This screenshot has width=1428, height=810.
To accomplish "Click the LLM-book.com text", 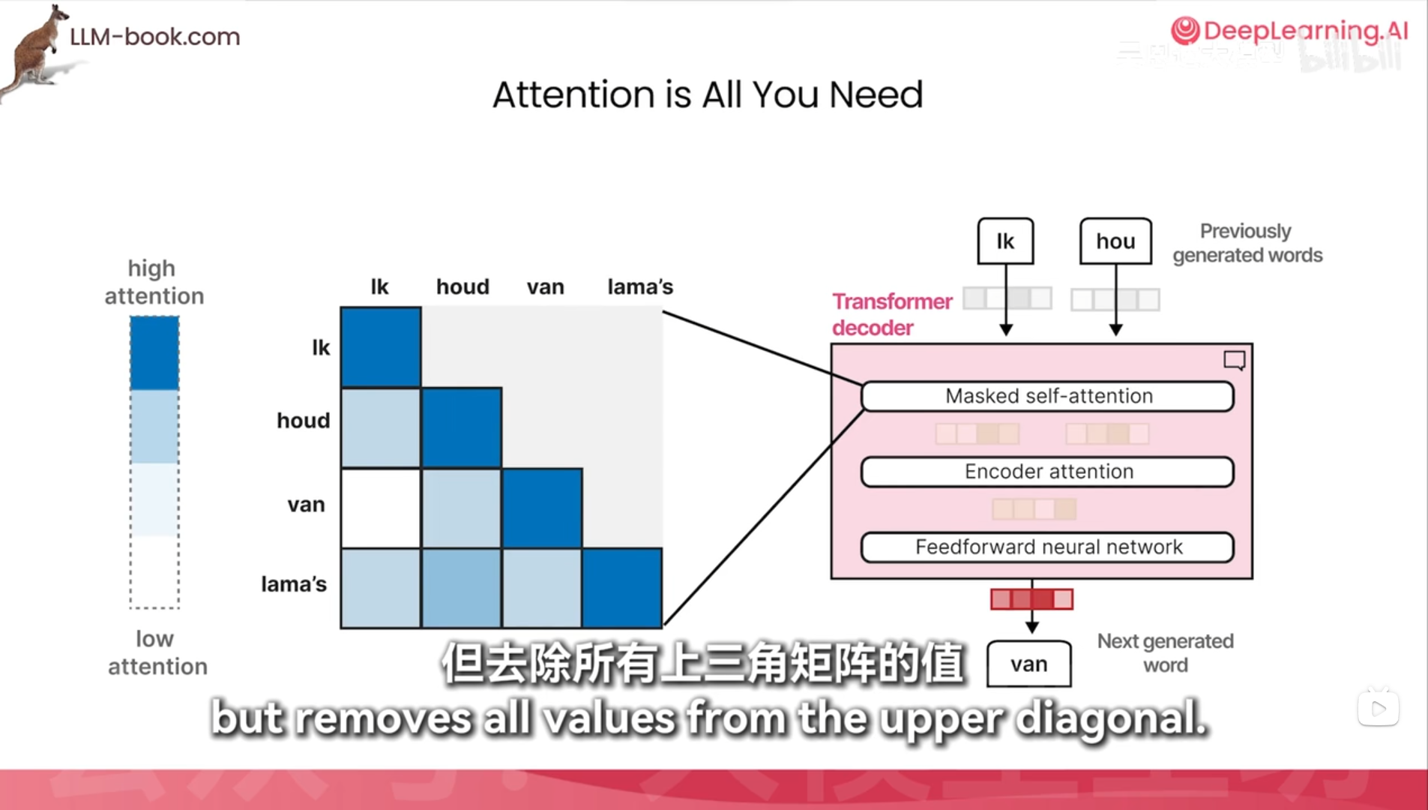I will [154, 36].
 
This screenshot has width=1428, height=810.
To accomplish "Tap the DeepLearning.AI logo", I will [1289, 31].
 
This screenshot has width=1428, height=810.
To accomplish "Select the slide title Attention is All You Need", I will [707, 95].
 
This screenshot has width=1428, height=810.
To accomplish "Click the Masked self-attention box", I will [1047, 396].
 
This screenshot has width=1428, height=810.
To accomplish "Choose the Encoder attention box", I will [1047, 472].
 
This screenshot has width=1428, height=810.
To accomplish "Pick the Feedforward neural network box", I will [1047, 547].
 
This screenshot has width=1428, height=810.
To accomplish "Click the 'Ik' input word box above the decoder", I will [1005, 241].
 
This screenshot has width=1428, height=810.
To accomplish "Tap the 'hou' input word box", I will [1115, 241].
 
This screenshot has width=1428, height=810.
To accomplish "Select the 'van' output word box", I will [1028, 664].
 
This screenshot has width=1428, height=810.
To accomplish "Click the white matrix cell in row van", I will [381, 508].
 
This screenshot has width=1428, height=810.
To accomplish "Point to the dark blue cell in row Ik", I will [381, 347].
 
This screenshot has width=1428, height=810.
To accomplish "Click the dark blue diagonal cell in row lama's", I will [622, 588].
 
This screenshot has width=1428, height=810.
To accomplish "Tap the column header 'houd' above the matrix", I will [463, 286].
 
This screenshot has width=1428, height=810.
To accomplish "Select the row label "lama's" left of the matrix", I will [294, 583].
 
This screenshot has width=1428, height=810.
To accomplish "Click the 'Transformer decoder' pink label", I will [891, 314].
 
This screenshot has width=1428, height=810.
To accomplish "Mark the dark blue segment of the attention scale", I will [154, 352].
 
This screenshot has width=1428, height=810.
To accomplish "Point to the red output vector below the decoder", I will [1031, 599].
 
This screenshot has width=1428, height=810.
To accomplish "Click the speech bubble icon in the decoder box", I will [1234, 361].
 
